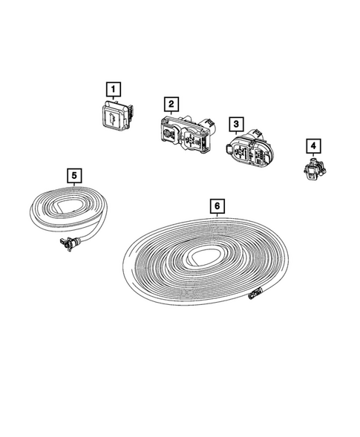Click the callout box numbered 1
point(113,91)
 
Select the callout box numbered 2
point(171,105)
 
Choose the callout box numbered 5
point(74,175)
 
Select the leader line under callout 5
point(74,185)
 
